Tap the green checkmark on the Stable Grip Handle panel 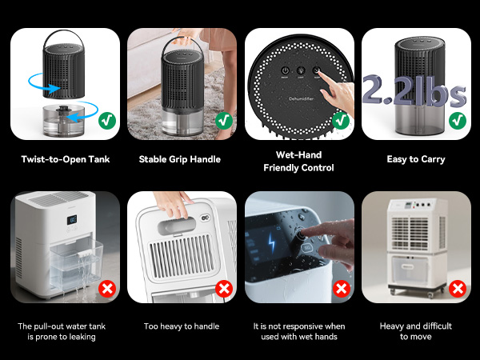[x=223, y=121]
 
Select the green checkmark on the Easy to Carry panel [x=458, y=121]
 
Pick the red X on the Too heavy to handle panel [x=223, y=287]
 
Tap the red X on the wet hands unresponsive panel [x=340, y=287]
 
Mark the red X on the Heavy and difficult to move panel [x=458, y=287]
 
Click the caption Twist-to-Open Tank [x=65, y=159]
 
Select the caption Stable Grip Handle [x=182, y=159]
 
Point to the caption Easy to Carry [x=415, y=159]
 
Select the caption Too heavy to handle [x=182, y=326]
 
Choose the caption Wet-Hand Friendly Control [x=298, y=161]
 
